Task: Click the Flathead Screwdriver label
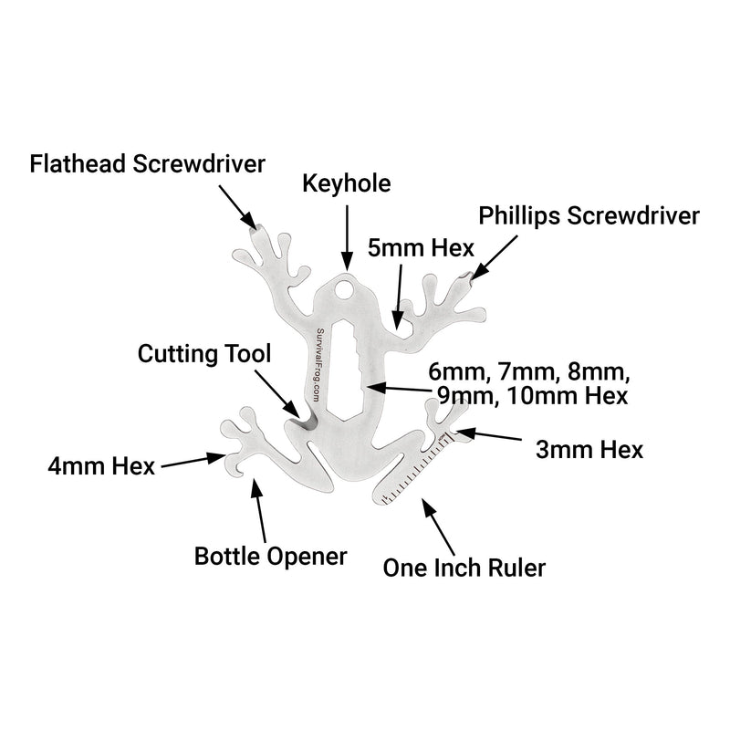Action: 147,164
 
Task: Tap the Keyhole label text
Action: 347,183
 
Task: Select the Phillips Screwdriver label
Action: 589,216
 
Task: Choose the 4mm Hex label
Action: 101,467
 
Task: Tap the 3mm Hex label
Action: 589,449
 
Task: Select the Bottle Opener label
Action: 271,556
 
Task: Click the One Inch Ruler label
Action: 464,568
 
